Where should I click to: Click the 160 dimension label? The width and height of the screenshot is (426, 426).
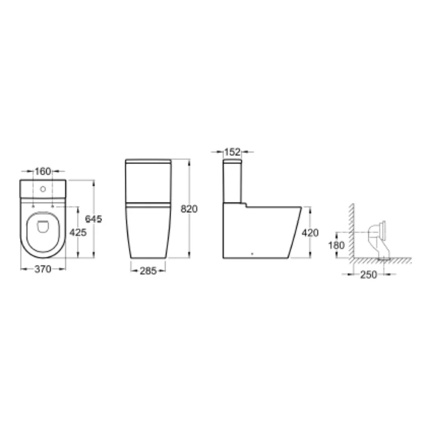tap(43, 172)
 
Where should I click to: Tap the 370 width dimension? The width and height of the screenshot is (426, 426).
tap(43, 269)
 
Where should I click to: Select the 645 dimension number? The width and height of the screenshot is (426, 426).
tap(93, 219)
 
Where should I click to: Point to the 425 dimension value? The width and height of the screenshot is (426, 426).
tap(78, 233)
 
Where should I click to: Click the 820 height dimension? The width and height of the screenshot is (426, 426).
tap(189, 209)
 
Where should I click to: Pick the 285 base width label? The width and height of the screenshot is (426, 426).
tap(148, 271)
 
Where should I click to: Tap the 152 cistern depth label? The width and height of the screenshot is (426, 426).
tap(233, 152)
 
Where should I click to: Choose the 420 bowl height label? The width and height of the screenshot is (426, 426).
tap(310, 233)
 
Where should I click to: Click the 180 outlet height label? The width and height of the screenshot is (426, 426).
tap(336, 246)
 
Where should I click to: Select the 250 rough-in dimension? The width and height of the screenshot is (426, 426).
tap(369, 275)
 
